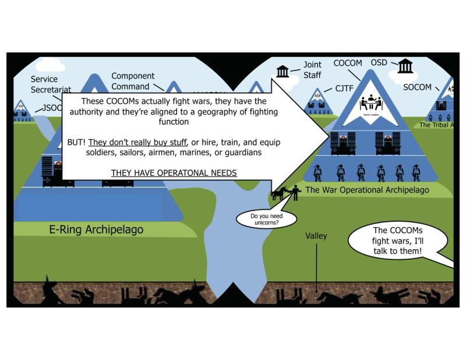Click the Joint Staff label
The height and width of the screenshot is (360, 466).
pyautogui.click(x=312, y=70)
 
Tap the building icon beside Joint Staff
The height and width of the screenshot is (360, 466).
pyautogui.click(x=283, y=71)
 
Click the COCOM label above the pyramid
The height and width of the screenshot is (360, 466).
pyautogui.click(x=348, y=63)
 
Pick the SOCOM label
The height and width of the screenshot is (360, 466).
pyautogui.click(x=417, y=87)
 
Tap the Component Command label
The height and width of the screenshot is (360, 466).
pyautogui.click(x=133, y=80)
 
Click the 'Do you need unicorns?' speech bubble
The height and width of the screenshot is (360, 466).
pyautogui.click(x=266, y=219)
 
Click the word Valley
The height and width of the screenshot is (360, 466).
pyautogui.click(x=316, y=236)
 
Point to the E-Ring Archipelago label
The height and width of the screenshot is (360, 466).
pyautogui.click(x=96, y=230)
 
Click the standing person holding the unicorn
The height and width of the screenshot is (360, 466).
pyautogui.click(x=295, y=192)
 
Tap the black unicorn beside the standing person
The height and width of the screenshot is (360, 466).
pyautogui.click(x=281, y=193)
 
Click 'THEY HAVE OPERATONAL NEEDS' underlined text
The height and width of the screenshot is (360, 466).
pyautogui.click(x=174, y=173)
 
